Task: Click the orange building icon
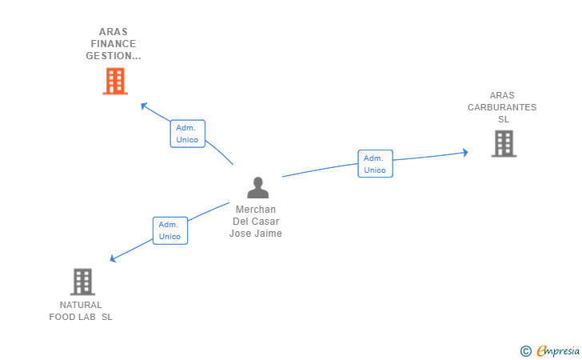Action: tap(115, 81)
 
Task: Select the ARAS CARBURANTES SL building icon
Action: tap(504, 143)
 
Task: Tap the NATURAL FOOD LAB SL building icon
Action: tap(82, 282)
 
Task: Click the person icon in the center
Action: tap(258, 188)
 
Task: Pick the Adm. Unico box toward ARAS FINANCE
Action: tap(187, 134)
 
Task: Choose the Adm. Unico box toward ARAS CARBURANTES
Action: tap(375, 164)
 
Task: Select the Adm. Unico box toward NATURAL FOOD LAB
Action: tap(170, 230)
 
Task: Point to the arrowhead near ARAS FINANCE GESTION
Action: tap(144, 106)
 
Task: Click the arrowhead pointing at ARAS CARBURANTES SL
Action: tap(465, 152)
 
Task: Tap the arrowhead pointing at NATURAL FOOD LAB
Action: tap(113, 258)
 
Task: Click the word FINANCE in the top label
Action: tap(114, 44)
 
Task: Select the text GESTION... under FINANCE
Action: tap(114, 56)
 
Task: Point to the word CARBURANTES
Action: tap(502, 107)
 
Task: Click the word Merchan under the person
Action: tap(256, 210)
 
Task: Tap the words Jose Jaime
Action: tap(256, 234)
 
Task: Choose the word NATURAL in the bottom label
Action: tap(81, 305)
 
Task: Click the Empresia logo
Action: tap(558, 350)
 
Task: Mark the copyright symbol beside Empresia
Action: tap(525, 351)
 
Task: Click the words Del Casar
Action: tap(256, 222)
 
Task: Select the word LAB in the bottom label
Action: tap(88, 317)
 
